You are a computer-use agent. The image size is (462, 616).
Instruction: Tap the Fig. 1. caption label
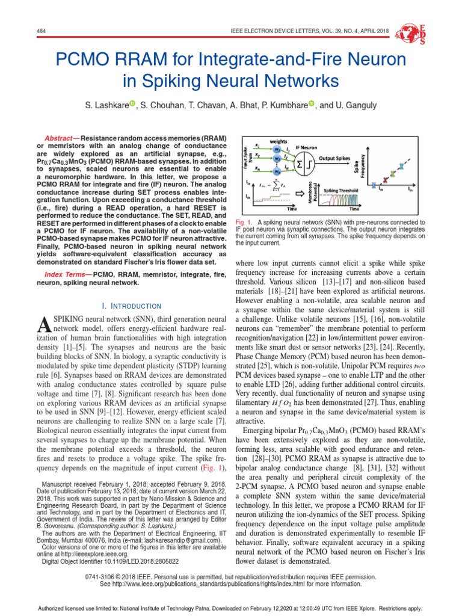tap(244, 222)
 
